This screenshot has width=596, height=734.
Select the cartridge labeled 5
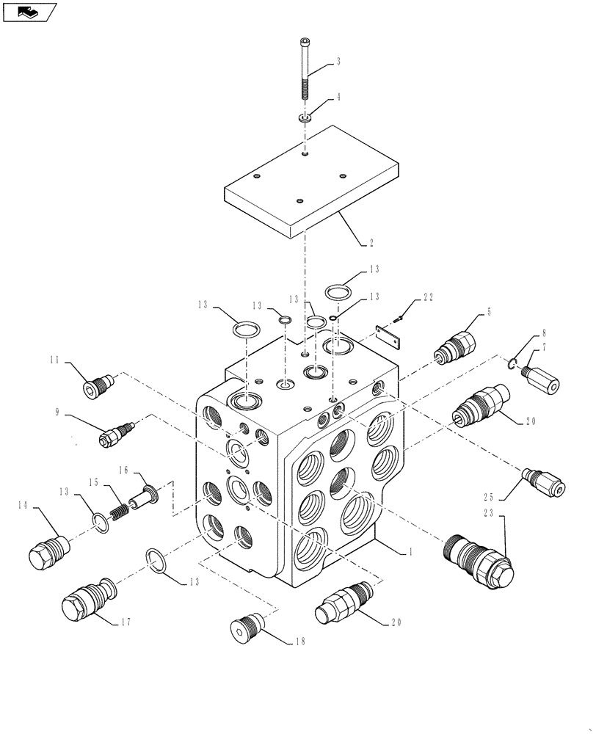tap(455, 344)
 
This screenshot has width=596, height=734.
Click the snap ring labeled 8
tap(514, 363)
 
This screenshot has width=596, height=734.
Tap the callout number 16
tap(124, 469)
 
